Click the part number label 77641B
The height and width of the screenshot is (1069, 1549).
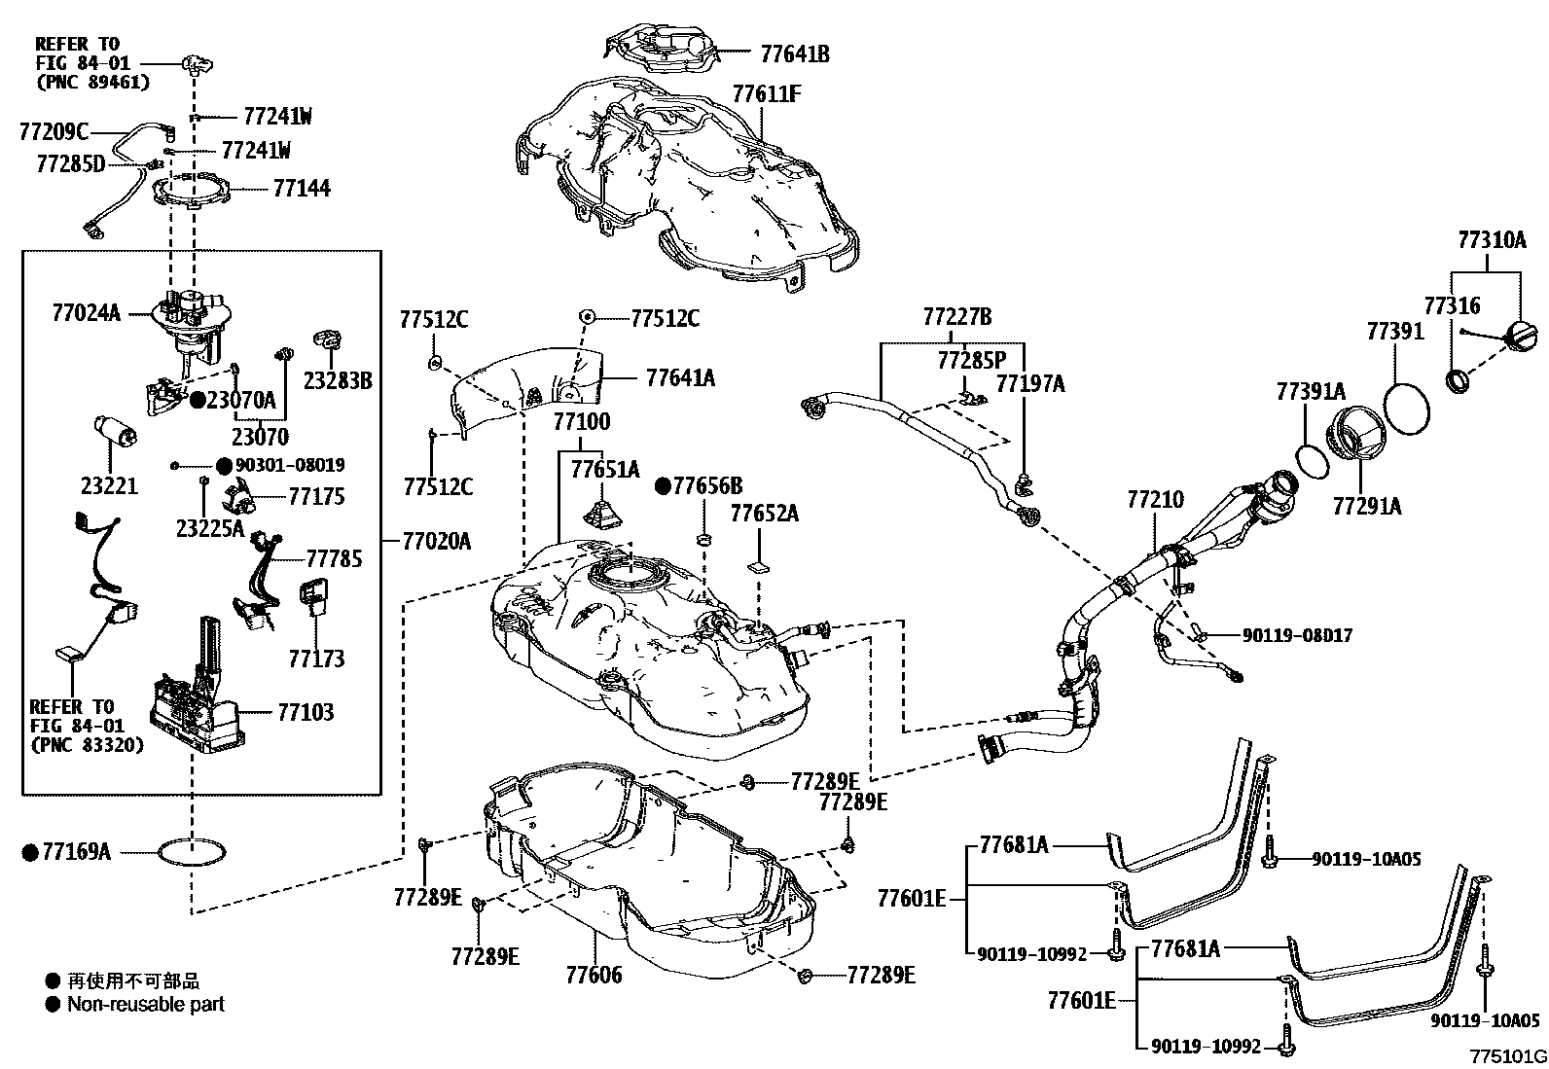click(794, 54)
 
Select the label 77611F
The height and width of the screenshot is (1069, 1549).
click(767, 94)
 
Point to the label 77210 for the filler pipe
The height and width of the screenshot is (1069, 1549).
click(1155, 500)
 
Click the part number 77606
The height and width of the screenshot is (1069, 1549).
click(593, 974)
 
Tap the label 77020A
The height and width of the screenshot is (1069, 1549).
click(436, 541)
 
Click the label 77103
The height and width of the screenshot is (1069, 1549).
click(305, 712)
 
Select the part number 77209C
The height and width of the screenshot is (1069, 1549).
click(54, 131)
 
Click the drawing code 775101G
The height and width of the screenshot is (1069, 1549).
click(1507, 1056)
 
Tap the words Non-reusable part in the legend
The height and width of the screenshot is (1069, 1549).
click(145, 1004)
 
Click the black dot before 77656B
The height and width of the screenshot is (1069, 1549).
click(663, 485)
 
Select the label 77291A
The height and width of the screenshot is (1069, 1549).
click(1366, 506)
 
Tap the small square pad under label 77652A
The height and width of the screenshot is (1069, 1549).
click(758, 564)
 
